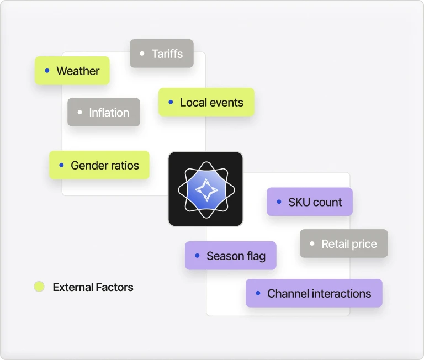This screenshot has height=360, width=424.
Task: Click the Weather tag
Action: click(72, 71)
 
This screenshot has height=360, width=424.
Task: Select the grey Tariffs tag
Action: click(162, 54)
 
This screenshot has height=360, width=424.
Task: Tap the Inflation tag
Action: click(104, 112)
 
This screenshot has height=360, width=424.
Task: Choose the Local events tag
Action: click(206, 102)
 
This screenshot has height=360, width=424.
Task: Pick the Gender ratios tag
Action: click(99, 165)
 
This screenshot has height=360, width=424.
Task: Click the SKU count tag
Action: click(310, 202)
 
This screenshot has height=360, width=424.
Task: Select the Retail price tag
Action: click(344, 243)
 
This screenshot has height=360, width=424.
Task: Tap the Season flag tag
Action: click(231, 256)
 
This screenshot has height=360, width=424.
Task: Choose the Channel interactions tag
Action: click(314, 293)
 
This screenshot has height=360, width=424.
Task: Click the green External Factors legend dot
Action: click(39, 287)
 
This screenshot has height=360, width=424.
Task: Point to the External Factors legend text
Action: click(93, 287)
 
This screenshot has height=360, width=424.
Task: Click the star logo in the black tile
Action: click(205, 189)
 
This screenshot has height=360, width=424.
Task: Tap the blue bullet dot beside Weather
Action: click(47, 71)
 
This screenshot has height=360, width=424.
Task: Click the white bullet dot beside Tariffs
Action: click(142, 54)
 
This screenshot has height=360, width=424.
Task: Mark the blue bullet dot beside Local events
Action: click(171, 102)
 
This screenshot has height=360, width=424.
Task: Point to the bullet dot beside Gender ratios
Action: click(61, 165)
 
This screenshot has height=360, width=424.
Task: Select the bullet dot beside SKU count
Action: click(279, 202)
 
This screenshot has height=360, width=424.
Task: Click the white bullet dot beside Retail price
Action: click(312, 243)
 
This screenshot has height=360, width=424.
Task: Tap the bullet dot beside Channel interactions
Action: click(258, 293)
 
